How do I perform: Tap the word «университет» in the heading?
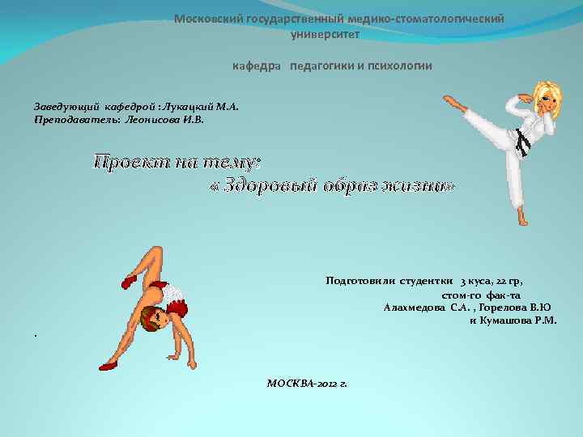pos(325,34)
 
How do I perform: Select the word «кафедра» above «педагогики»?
pos(258,66)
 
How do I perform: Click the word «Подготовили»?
pos(360,282)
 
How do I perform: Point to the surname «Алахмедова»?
pos(414,308)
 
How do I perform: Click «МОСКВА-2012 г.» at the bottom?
pos(307,382)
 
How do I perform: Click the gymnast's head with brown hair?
pos(153,318)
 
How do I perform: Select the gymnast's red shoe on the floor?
pos(108,366)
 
